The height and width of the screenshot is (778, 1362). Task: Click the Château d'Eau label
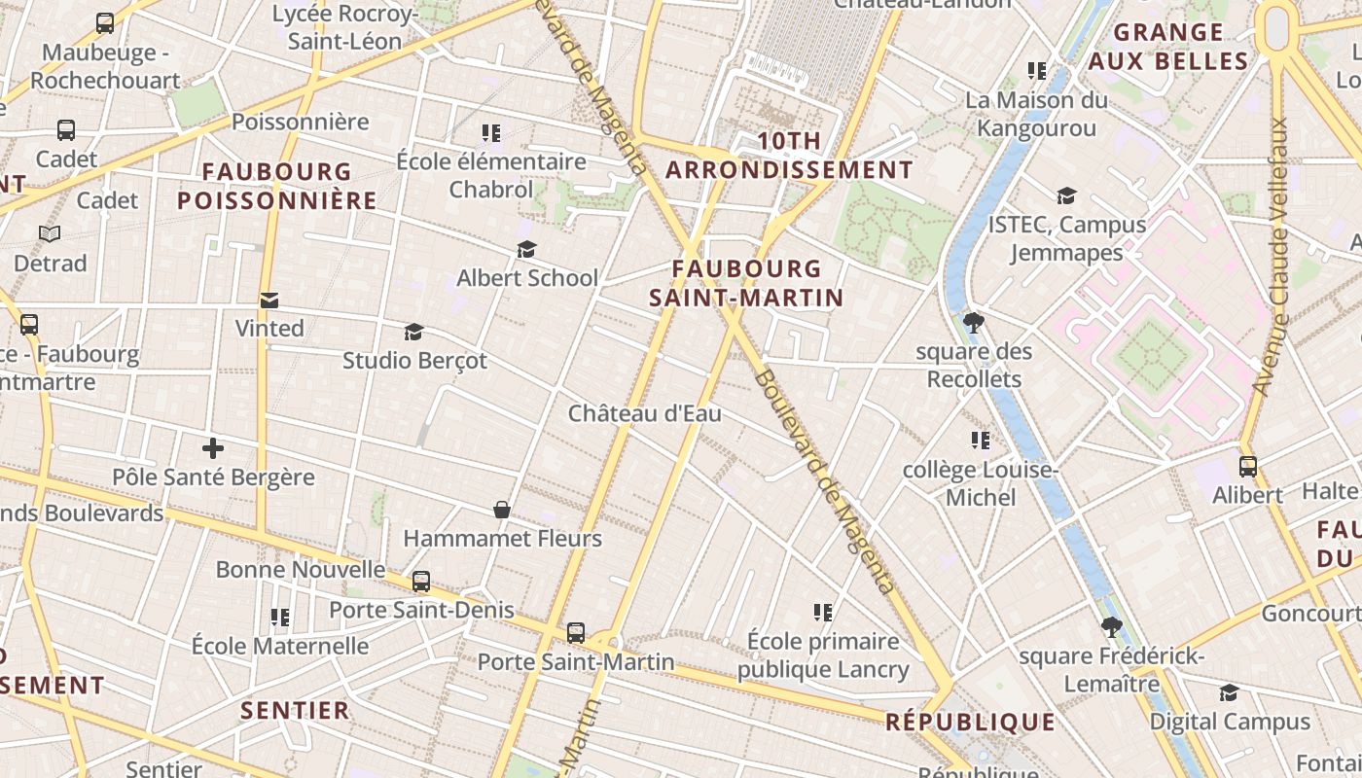(645, 413)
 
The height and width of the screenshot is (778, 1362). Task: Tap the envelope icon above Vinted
(269, 301)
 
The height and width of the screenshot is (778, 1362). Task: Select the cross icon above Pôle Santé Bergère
(213, 448)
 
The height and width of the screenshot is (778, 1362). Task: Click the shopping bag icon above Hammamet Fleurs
(502, 510)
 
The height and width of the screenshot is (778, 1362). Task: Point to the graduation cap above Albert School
(527, 250)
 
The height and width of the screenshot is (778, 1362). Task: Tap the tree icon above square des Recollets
(973, 322)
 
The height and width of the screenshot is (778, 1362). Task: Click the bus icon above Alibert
(1248, 467)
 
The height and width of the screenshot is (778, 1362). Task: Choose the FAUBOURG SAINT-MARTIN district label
(746, 283)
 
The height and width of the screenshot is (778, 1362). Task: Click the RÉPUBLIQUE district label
(970, 722)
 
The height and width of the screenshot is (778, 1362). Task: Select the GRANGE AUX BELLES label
(1168, 47)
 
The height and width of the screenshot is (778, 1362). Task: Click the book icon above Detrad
(50, 233)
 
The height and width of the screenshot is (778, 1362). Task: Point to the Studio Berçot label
(414, 360)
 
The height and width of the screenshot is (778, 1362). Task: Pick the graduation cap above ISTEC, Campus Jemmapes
(1067, 196)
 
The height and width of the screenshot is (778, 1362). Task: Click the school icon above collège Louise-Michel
(981, 441)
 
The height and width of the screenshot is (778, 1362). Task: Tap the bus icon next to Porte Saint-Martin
(576, 633)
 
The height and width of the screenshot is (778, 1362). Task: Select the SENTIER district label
(295, 710)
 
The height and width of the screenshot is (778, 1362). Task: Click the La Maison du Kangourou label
(1036, 114)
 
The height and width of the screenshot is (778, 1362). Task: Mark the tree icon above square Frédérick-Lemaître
(1112, 627)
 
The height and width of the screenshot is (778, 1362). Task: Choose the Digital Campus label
(1230, 722)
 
